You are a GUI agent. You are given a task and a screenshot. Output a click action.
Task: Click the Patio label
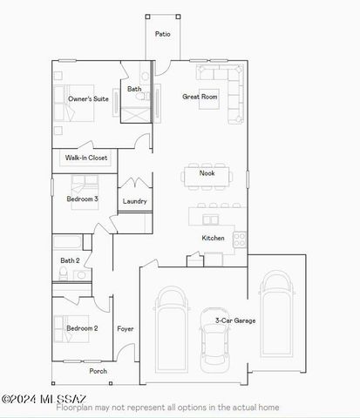(162, 34)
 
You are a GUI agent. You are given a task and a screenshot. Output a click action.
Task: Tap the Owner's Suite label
(88, 99)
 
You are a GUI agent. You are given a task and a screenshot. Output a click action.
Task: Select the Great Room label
(200, 97)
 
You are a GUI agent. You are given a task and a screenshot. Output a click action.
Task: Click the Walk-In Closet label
(86, 158)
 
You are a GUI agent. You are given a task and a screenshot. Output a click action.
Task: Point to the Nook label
(207, 173)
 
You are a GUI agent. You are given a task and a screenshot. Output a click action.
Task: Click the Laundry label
(134, 201)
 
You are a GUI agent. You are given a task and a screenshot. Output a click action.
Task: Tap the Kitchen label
(213, 238)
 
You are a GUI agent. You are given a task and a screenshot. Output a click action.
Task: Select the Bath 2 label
(70, 260)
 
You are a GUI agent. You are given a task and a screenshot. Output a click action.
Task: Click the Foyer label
(126, 328)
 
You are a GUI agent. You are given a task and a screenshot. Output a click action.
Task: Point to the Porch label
(98, 370)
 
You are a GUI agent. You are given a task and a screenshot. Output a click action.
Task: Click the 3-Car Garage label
(235, 320)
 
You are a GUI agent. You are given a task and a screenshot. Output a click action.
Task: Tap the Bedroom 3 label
(82, 199)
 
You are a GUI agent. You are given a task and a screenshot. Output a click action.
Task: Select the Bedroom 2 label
(82, 328)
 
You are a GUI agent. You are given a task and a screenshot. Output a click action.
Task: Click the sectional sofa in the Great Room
(225, 87)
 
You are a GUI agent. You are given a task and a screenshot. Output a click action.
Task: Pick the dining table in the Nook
(207, 174)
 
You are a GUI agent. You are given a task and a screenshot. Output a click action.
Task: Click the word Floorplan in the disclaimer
(73, 408)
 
